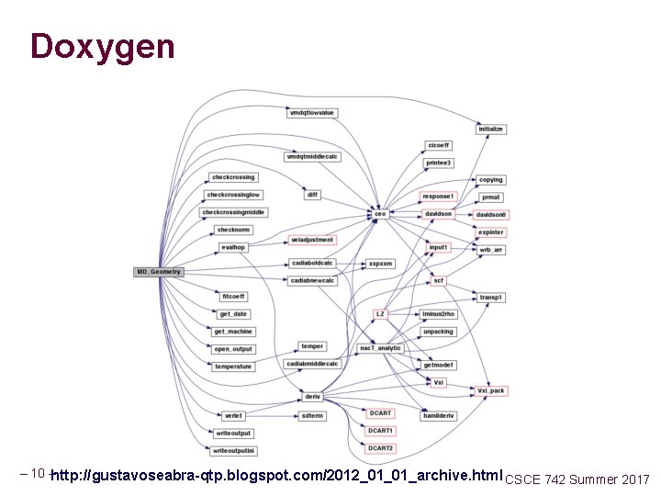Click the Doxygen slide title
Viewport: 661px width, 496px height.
coord(102,46)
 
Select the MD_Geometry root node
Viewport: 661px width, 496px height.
coord(160,272)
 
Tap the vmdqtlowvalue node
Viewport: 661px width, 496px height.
coord(312,113)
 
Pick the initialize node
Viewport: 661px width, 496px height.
coord(491,130)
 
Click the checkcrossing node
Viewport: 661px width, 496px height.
coord(233,177)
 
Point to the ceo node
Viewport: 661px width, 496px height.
coord(379,214)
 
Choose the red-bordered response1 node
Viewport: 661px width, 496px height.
coord(438,197)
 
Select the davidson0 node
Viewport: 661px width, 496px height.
coord(492,214)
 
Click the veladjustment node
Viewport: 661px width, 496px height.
coord(312,240)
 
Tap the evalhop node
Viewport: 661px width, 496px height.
coord(233,247)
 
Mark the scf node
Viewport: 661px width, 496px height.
coord(439,280)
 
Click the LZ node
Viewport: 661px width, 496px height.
coord(380,314)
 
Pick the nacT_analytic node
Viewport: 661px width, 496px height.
coord(380,348)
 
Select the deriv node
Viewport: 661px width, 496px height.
coord(312,396)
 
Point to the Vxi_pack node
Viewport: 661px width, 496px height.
coord(491,390)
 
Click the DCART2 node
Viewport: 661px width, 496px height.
coord(380,448)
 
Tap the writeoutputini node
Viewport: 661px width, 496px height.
coord(233,451)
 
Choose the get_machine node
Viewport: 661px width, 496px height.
coord(233,332)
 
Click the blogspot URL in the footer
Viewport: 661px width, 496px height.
coord(278,477)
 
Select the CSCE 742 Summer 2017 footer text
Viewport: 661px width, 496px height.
coord(577,479)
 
